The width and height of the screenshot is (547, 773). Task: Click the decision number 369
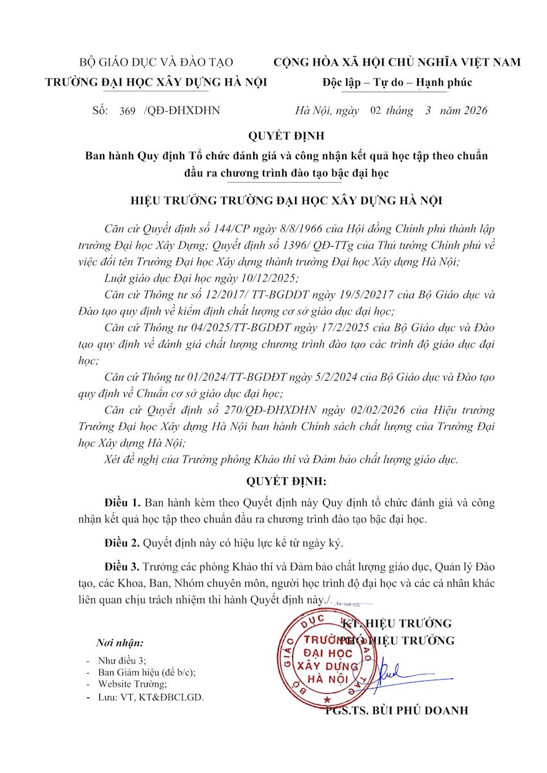[128, 111]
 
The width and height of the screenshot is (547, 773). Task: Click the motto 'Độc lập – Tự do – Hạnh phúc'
[398, 82]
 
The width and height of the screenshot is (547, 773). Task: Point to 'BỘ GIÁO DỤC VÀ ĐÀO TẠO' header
[155, 62]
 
